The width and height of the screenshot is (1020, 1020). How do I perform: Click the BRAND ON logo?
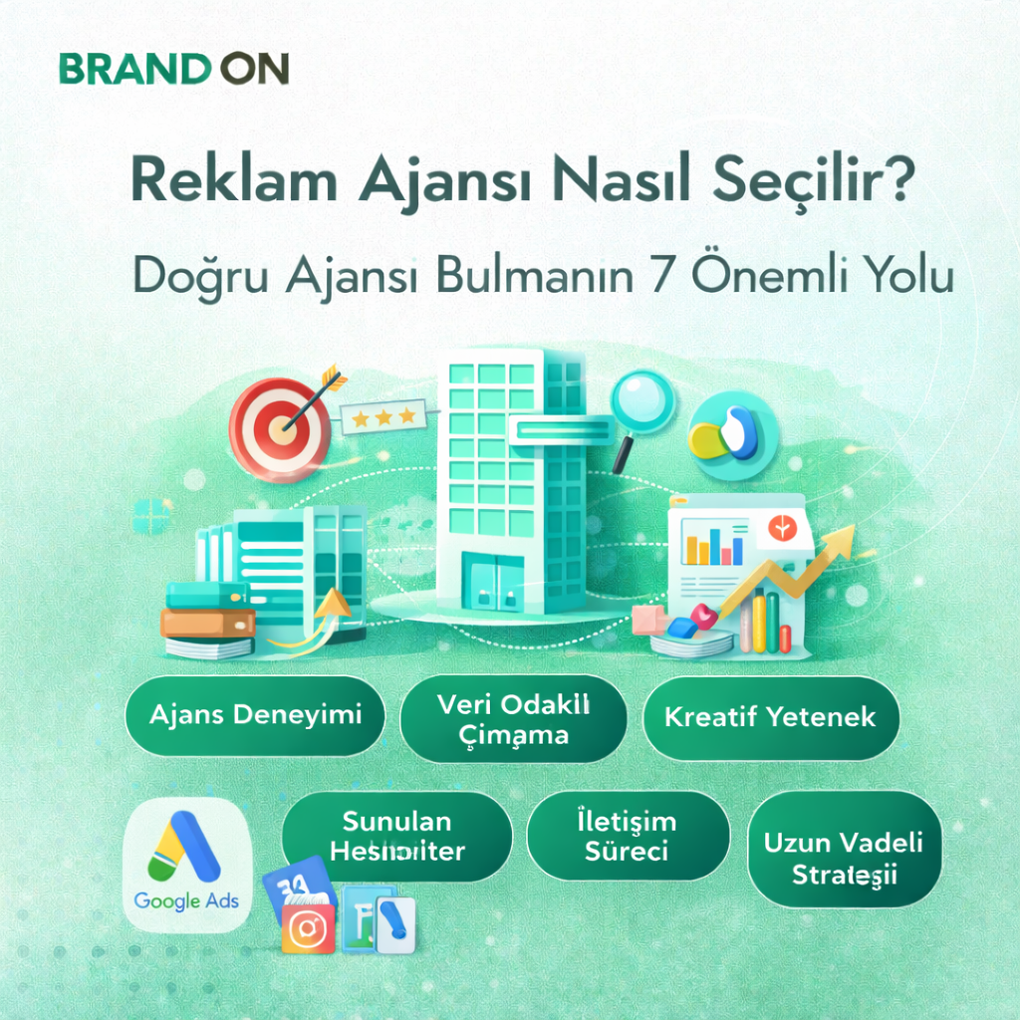pos(173,69)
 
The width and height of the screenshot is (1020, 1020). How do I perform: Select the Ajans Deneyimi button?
pos(254,715)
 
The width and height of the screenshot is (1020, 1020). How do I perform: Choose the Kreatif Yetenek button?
pos(770,717)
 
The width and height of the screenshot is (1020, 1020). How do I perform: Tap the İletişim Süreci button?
pos(627,836)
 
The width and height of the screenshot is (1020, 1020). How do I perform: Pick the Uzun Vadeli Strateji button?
pos(843,858)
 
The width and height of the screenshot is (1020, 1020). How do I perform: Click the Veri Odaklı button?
pos(513,718)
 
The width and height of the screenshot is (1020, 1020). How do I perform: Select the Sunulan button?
pos(396,836)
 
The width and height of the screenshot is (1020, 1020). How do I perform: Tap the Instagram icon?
pos(308,927)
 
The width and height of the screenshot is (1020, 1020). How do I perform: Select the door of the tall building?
pos(495,585)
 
